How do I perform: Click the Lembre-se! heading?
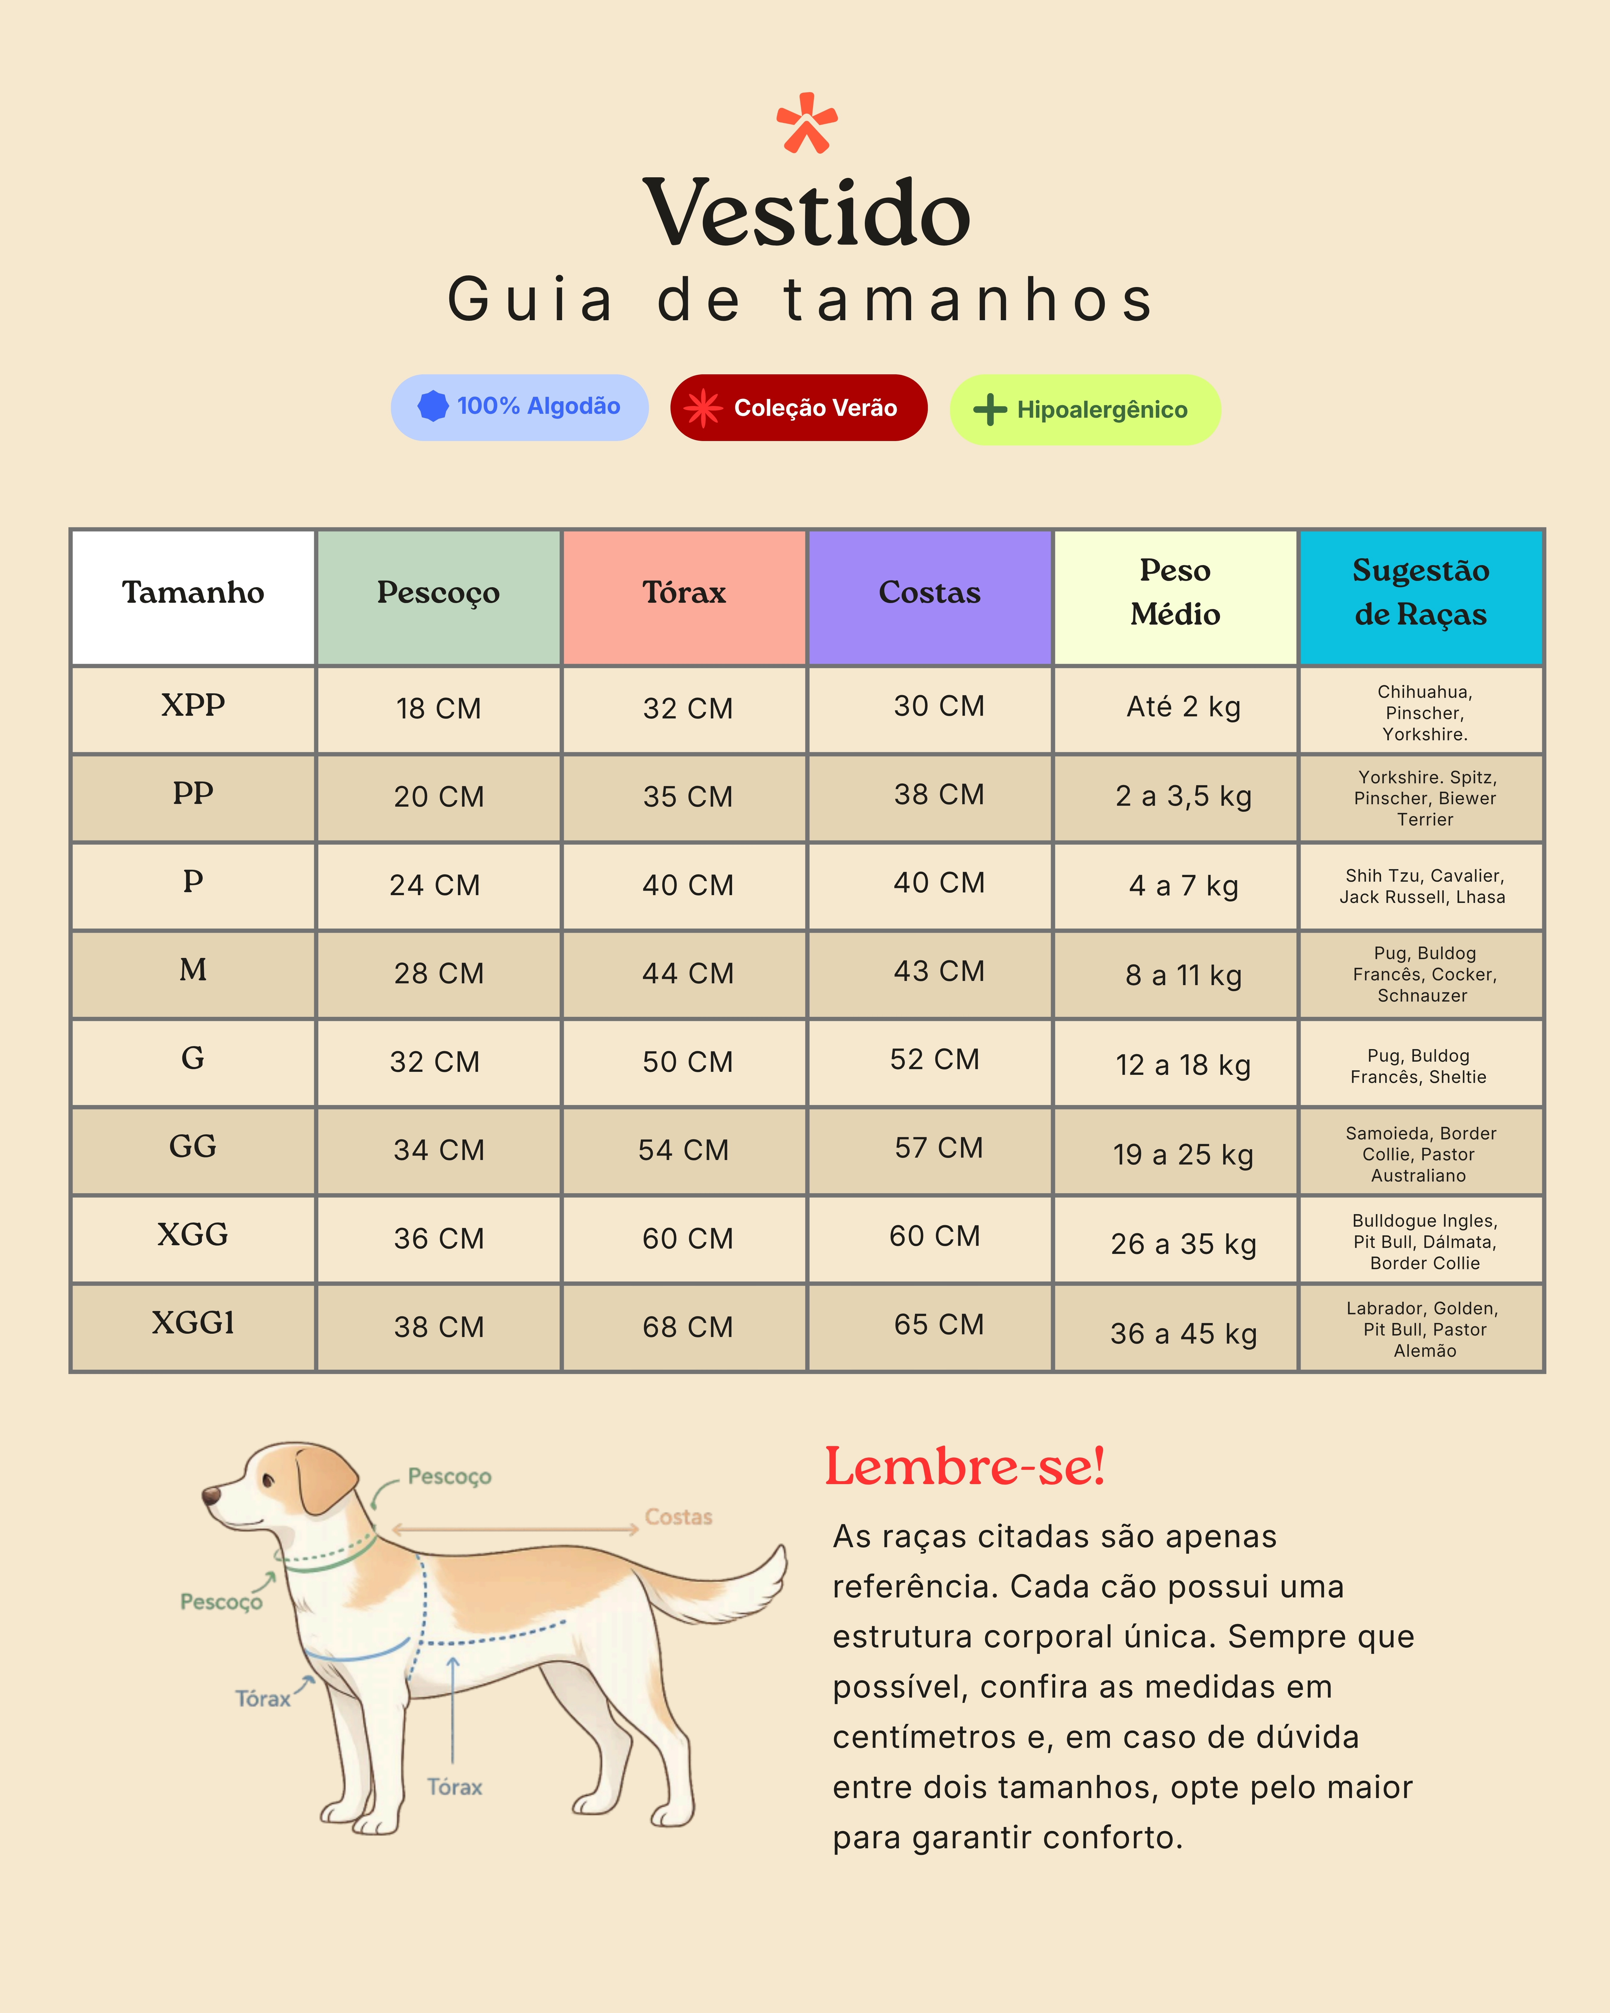point(964,1467)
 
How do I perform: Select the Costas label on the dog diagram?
point(679,1517)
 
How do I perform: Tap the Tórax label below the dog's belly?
point(454,1787)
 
